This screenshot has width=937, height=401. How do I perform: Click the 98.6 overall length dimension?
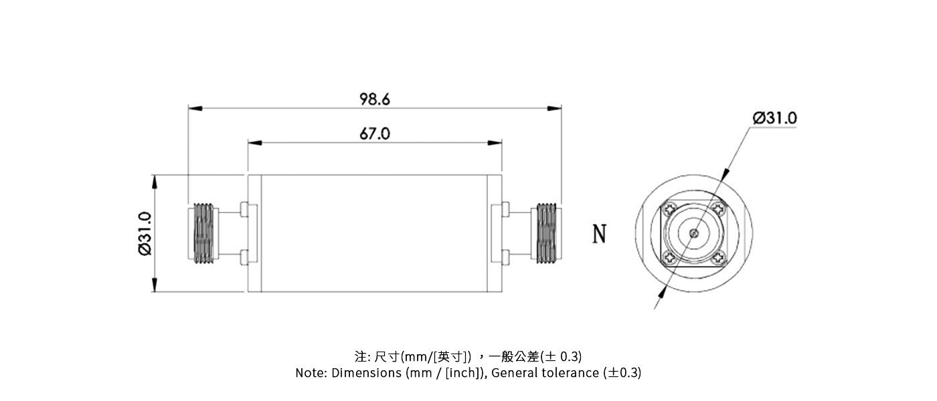(x=374, y=100)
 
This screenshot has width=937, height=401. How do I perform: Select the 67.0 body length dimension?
(x=374, y=134)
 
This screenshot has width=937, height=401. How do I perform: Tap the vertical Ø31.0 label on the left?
(x=145, y=233)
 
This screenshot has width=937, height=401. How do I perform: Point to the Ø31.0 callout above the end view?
(x=774, y=118)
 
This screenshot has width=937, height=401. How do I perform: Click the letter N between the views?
(x=600, y=234)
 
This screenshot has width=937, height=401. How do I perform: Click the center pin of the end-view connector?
(x=695, y=234)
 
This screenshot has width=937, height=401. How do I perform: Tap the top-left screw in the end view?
(x=669, y=209)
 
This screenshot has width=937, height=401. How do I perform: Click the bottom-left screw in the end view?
(x=669, y=259)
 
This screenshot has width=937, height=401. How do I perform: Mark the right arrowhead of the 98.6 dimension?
(x=556, y=108)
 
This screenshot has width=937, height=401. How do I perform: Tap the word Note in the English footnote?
(x=311, y=373)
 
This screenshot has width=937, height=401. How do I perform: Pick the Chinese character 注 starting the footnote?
(x=360, y=356)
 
